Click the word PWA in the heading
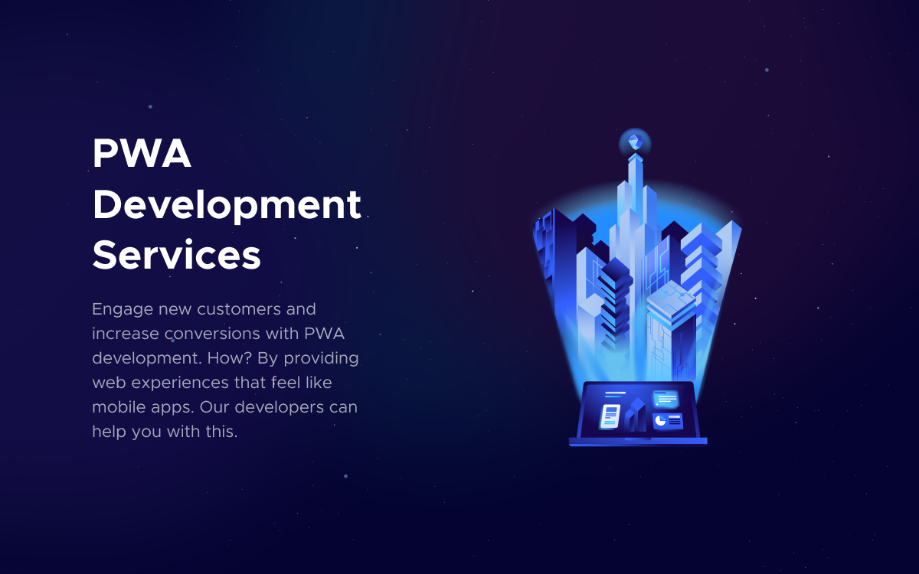coord(142,153)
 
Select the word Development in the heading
coord(227,205)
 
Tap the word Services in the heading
coord(176,255)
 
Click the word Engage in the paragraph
coord(122,309)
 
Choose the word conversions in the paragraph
coord(212,334)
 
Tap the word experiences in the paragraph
coord(180,383)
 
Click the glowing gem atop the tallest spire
coord(635,142)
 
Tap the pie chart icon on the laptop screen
coord(660,421)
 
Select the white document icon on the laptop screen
coord(610,416)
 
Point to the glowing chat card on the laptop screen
coord(666,399)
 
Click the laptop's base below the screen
coord(638,442)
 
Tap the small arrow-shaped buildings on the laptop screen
coord(635,414)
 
